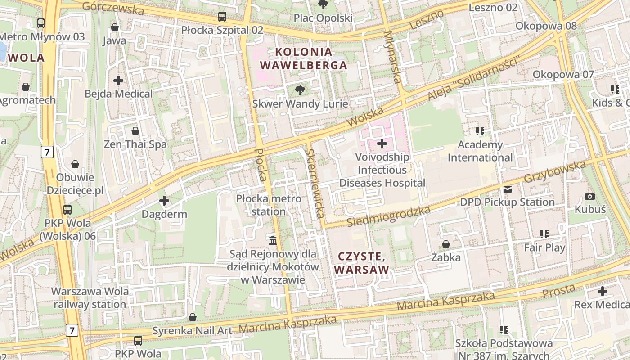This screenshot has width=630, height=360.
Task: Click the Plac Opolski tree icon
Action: point(323,4)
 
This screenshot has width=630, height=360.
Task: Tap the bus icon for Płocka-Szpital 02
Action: point(222,17)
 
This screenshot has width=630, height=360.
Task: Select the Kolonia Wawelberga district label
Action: point(304,58)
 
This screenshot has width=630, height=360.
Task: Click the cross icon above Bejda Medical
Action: point(118,81)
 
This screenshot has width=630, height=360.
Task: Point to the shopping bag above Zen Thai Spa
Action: point(135,131)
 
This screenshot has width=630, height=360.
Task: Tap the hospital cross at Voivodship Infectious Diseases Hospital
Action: point(382,144)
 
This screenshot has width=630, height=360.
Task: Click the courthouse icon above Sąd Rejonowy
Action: point(272,240)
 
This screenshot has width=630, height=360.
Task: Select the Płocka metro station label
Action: point(269,205)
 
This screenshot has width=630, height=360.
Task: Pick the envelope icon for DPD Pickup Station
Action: point(508,189)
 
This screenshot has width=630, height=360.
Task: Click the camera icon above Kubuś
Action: point(589,196)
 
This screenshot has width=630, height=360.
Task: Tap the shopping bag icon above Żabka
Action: point(445,244)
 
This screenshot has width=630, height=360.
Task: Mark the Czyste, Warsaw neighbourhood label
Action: point(361,263)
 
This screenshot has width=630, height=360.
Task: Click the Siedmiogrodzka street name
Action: point(389,216)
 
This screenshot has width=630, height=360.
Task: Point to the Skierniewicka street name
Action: point(315,183)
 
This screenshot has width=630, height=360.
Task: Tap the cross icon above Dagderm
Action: point(164,201)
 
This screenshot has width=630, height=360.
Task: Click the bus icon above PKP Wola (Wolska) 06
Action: point(67,209)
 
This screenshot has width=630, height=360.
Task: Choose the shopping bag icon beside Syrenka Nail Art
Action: point(193,317)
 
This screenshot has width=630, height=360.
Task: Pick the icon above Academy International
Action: point(480,131)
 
